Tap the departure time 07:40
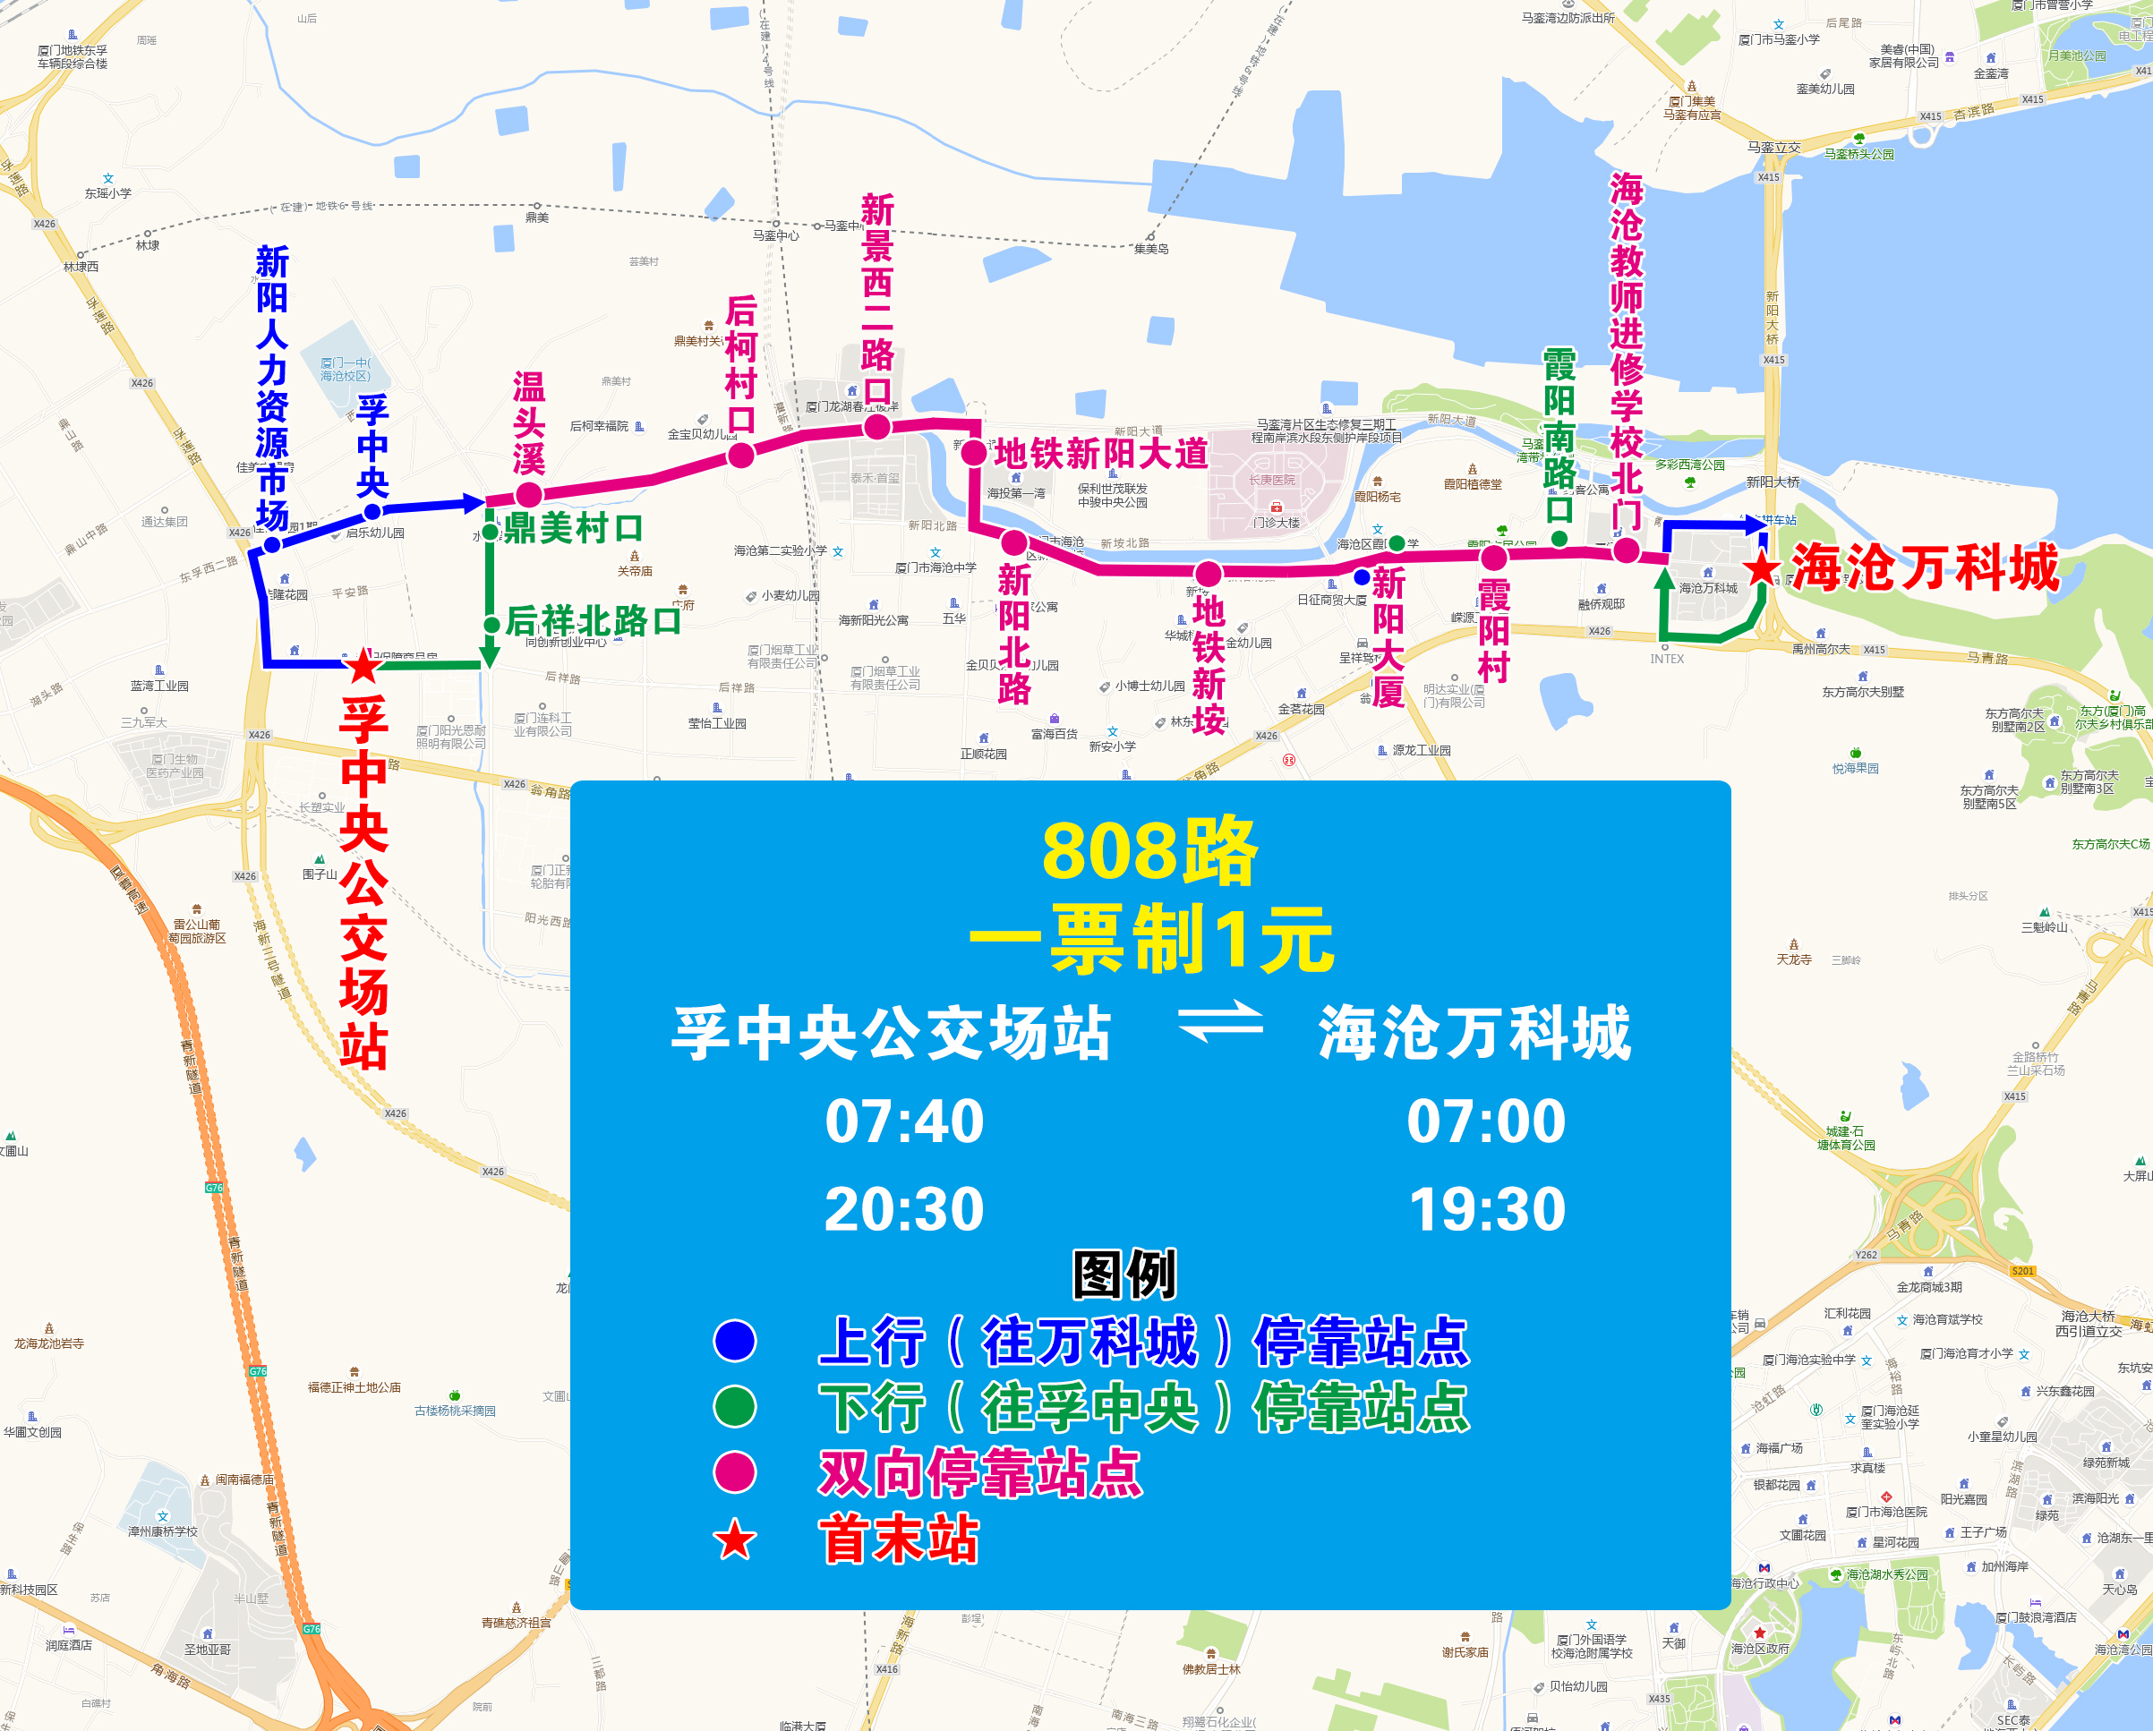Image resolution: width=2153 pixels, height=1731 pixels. click(x=904, y=1121)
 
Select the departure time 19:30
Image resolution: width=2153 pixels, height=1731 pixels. click(x=1486, y=1210)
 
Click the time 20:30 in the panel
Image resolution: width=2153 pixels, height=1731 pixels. click(x=904, y=1210)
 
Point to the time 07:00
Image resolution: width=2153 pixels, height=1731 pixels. click(x=1486, y=1121)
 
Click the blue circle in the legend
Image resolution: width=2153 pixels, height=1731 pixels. click(x=735, y=1341)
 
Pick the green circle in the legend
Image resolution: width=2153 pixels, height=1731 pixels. click(x=735, y=1407)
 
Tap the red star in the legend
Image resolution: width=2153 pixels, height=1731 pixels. click(x=735, y=1540)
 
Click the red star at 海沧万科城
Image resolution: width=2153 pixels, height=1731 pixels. click(x=1762, y=569)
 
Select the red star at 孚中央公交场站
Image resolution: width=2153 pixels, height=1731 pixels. click(x=363, y=666)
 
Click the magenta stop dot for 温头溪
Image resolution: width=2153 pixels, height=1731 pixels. click(x=529, y=494)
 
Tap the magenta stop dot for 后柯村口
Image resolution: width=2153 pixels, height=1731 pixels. click(x=741, y=456)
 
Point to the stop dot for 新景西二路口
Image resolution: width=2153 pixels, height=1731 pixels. click(x=876, y=427)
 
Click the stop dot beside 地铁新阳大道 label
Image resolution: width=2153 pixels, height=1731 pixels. click(x=974, y=452)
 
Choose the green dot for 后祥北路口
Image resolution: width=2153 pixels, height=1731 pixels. click(x=491, y=625)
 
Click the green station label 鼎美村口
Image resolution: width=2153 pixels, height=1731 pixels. click(x=572, y=529)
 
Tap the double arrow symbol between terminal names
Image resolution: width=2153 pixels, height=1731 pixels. click(x=1220, y=1021)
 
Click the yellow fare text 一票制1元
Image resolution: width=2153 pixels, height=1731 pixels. click(x=1150, y=940)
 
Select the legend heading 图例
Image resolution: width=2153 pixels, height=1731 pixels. click(x=1124, y=1275)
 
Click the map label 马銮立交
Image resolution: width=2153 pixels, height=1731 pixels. click(x=1773, y=148)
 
